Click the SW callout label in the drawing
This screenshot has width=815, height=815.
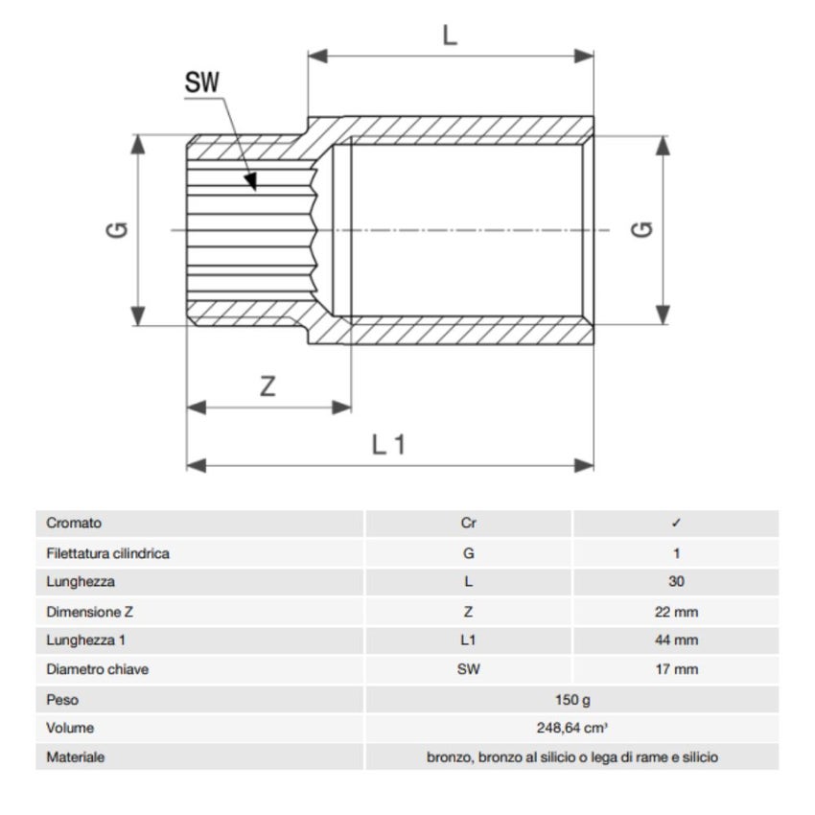coord(202,83)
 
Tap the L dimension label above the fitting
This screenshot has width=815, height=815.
coord(450,35)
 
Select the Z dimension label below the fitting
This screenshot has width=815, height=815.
coord(268,386)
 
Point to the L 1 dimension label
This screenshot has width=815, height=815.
coord(389,444)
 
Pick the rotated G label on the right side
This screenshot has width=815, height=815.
coord(643,230)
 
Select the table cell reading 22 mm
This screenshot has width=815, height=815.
coord(676,611)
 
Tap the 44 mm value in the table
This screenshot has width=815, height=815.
coord(676,640)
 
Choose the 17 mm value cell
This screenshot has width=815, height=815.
coord(676,669)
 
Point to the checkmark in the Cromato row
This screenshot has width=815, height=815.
coord(676,524)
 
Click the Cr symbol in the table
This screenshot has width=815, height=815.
coord(468,524)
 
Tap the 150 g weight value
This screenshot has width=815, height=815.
coord(572,700)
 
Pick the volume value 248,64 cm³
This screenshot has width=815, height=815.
coord(572,729)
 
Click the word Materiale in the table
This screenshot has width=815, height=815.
coord(76,757)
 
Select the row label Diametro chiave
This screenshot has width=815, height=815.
coord(97,669)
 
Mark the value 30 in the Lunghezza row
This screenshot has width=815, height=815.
coord(676,582)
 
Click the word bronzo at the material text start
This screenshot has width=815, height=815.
coord(448,757)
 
